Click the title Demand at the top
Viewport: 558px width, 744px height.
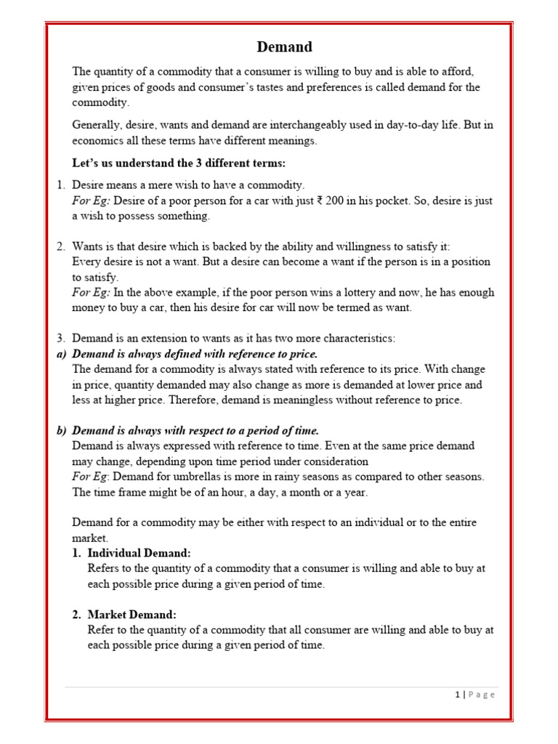tap(285, 47)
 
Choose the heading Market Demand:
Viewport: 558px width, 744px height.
tap(132, 615)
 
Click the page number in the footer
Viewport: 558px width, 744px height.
tap(457, 695)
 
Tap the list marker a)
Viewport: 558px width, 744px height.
tap(62, 354)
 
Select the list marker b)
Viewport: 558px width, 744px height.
tap(62, 430)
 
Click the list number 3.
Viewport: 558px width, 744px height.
tap(61, 338)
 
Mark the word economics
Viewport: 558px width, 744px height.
tap(100, 141)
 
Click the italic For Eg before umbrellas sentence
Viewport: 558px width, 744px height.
tap(90, 477)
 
